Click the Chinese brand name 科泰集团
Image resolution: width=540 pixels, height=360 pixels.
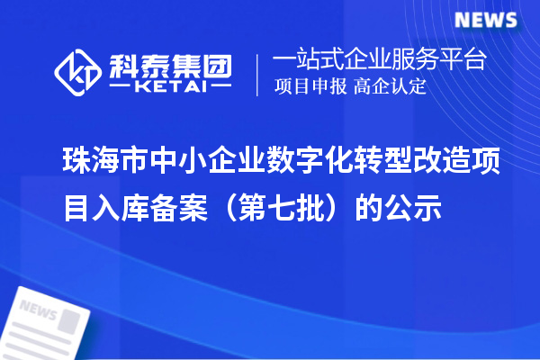170,62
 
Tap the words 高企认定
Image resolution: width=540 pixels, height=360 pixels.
390,87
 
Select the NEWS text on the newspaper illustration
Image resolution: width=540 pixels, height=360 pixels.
40,311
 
